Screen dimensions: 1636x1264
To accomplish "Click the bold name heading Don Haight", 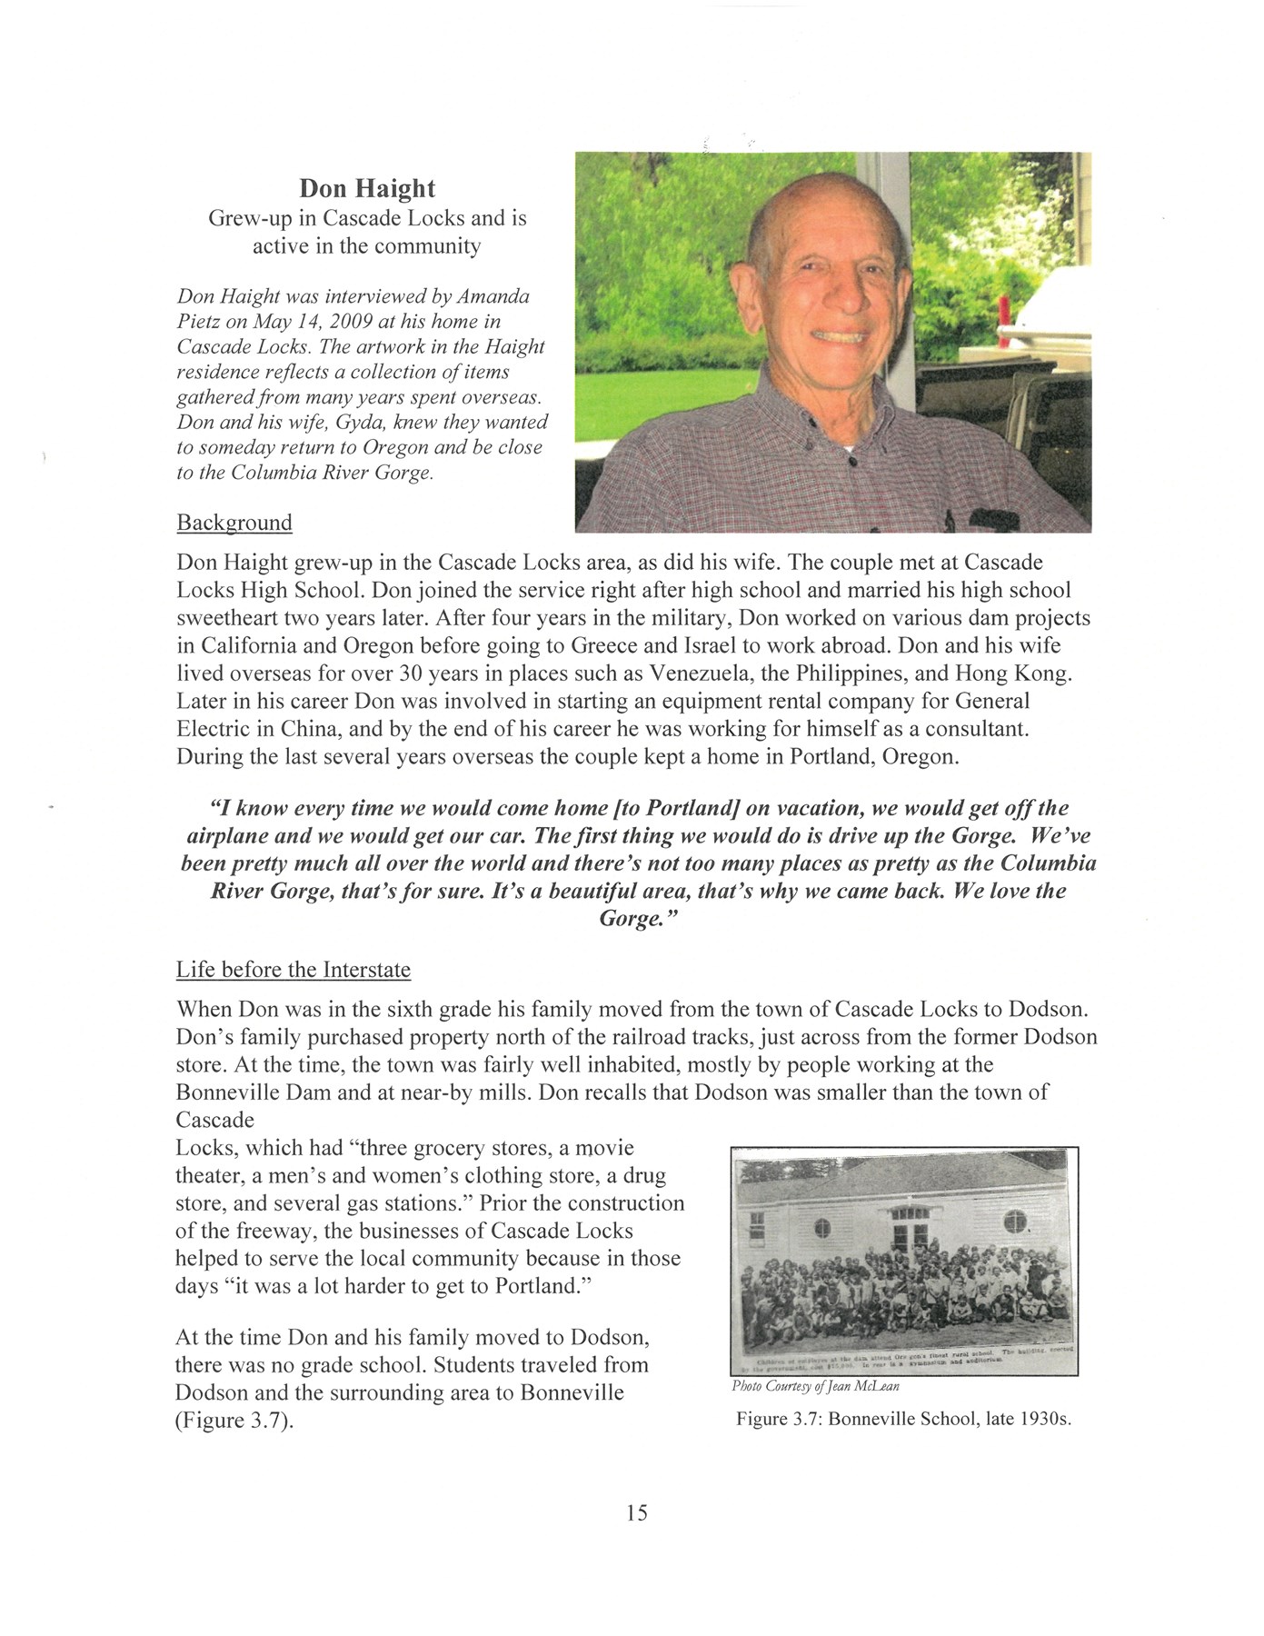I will pyautogui.click(x=367, y=188).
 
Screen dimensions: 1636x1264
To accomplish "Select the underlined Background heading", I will pyautogui.click(x=234, y=523).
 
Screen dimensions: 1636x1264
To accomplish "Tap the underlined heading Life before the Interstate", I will pyautogui.click(x=293, y=970).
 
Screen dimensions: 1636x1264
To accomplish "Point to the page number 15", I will pyautogui.click(x=636, y=1512).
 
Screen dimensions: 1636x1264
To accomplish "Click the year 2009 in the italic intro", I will pyautogui.click(x=344, y=322).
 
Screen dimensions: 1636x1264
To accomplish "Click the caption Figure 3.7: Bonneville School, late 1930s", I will pyautogui.click(x=903, y=1419).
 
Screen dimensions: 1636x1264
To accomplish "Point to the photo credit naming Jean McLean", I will pyautogui.click(x=815, y=1387).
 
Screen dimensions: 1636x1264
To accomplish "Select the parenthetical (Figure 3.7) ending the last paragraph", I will pyautogui.click(x=234, y=1421).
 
